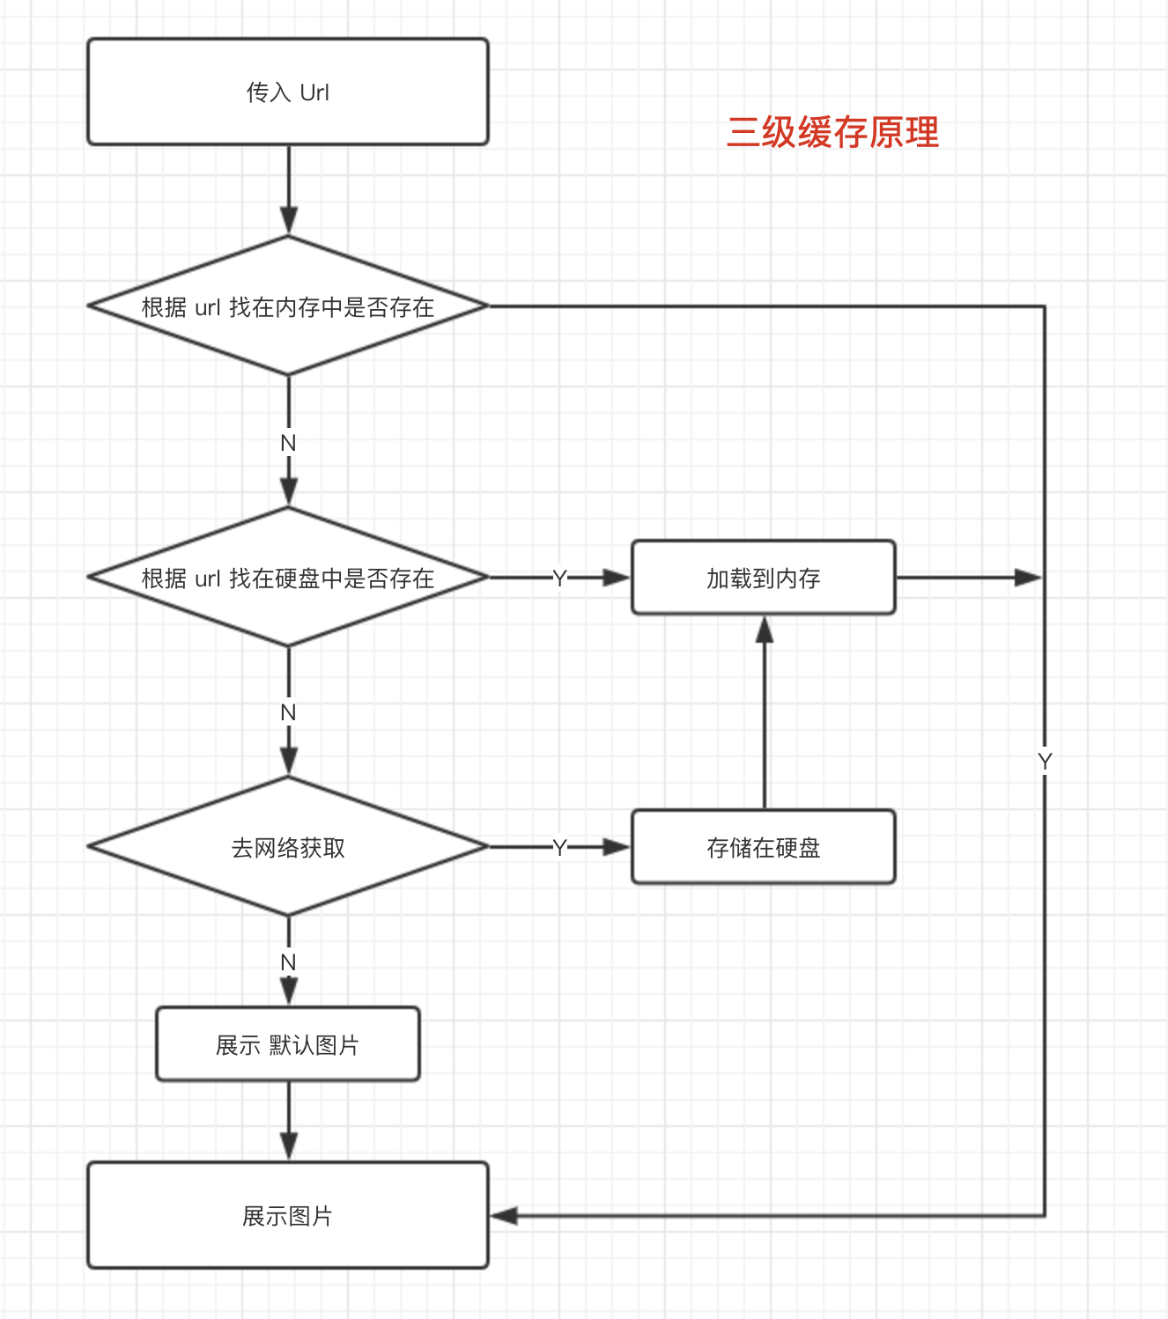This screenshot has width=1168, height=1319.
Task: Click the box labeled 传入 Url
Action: point(288,92)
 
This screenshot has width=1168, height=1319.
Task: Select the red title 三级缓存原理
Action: point(832,133)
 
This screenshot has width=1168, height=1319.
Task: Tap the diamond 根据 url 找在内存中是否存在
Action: point(288,306)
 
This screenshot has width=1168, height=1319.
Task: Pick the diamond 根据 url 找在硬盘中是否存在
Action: point(288,578)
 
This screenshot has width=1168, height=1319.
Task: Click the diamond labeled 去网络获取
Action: point(288,847)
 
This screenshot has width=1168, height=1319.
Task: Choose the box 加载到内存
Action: point(763,578)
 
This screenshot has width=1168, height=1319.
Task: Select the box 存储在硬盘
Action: point(763,847)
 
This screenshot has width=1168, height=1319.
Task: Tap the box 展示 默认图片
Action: point(288,1044)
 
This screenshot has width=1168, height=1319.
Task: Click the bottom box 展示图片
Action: point(288,1215)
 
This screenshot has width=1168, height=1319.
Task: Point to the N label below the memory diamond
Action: point(288,443)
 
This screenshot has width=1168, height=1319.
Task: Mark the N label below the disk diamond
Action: point(288,712)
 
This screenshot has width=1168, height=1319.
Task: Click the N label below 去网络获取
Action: point(288,962)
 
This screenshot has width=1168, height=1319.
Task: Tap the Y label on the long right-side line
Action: point(1045,762)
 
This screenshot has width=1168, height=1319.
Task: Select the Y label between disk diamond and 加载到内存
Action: point(559,578)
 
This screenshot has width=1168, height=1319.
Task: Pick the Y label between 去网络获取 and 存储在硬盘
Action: point(559,847)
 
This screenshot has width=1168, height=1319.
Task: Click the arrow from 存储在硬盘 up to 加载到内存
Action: point(765,713)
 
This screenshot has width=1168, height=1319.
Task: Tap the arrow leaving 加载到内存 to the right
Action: point(969,578)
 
